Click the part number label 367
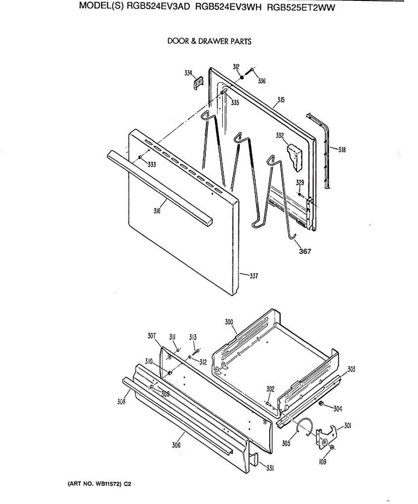tap(305, 252)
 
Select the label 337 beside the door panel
tap(253, 276)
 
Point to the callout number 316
tap(158, 211)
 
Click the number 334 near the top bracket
tap(189, 73)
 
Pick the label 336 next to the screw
tap(262, 81)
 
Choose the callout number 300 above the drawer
tap(229, 322)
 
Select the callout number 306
tap(176, 446)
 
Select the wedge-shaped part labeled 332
tap(296, 157)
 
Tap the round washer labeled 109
tap(332, 449)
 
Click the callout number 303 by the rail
tap(351, 369)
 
